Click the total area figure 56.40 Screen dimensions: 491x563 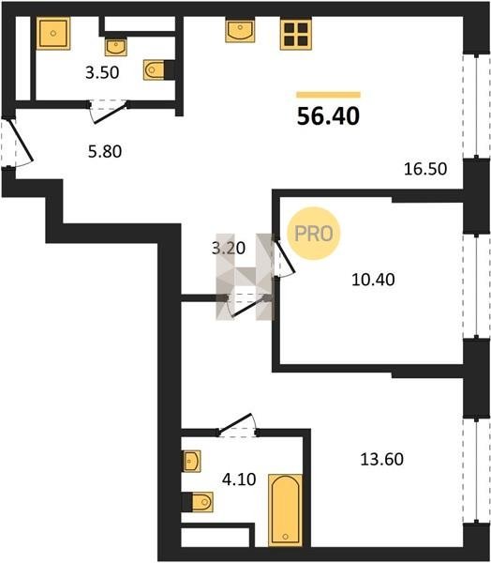pyautogui.click(x=328, y=116)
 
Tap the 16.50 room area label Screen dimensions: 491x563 pyautogui.click(x=425, y=169)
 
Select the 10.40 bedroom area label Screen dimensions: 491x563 pyautogui.click(x=373, y=280)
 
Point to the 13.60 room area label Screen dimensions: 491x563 pyautogui.click(x=381, y=459)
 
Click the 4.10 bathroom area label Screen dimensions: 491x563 pyautogui.click(x=239, y=479)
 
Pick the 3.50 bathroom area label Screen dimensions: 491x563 pyautogui.click(x=102, y=72)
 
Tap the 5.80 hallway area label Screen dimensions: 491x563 pyautogui.click(x=105, y=151)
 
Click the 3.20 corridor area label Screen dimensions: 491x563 pyautogui.click(x=229, y=248)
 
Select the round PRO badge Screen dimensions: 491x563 pyautogui.click(x=314, y=234)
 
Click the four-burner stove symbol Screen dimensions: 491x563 pyautogui.click(x=296, y=34)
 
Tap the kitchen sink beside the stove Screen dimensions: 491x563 pyautogui.click(x=240, y=31)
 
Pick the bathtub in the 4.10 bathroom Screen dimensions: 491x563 pyautogui.click(x=285, y=510)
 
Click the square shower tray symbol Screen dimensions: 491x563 pyautogui.click(x=53, y=34)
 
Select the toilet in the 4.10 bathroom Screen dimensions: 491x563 pyautogui.click(x=198, y=502)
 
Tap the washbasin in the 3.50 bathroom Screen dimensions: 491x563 pyautogui.click(x=116, y=48)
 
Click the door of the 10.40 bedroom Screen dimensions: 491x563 pyautogui.click(x=284, y=257)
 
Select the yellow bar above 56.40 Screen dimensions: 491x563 pyautogui.click(x=328, y=95)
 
